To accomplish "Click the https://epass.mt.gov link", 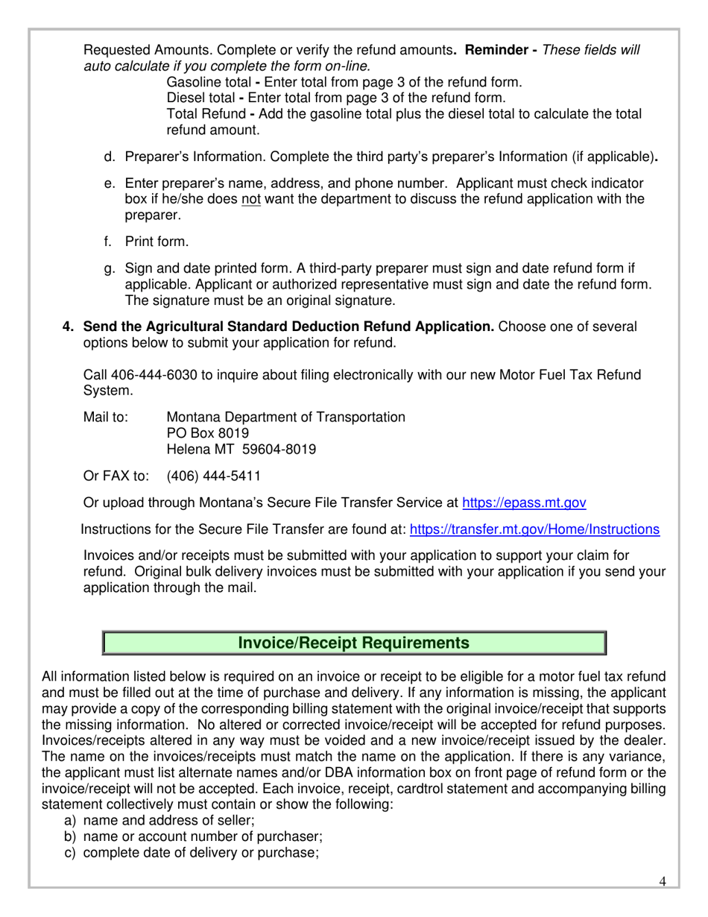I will (x=524, y=502).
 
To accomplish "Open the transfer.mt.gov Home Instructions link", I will (x=534, y=529).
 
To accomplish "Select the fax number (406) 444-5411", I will (x=213, y=476).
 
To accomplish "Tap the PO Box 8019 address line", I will (x=207, y=433).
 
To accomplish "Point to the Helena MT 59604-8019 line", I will (x=241, y=450).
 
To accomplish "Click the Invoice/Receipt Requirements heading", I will (x=353, y=643).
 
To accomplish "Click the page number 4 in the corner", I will (x=663, y=882).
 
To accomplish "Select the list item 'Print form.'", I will (x=157, y=242).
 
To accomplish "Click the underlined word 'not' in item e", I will (x=250, y=199).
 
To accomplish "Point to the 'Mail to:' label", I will (x=106, y=417).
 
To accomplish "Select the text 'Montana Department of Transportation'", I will (x=285, y=417).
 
